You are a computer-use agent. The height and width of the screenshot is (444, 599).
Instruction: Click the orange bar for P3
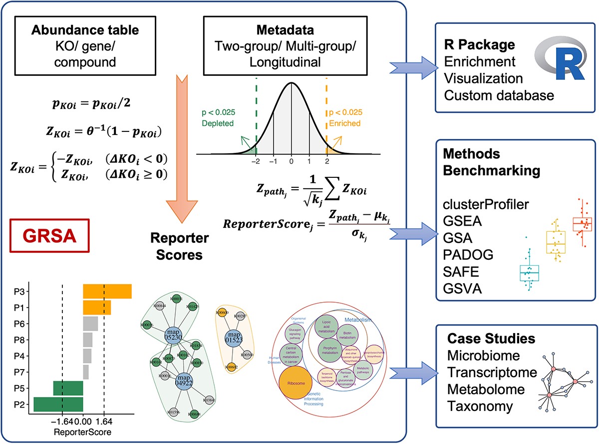[107, 291]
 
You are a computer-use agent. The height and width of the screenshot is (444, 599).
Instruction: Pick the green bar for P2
[58, 404]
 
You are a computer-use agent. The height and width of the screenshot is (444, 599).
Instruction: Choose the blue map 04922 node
[184, 382]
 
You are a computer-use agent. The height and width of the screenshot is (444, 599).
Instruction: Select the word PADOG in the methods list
[468, 256]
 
